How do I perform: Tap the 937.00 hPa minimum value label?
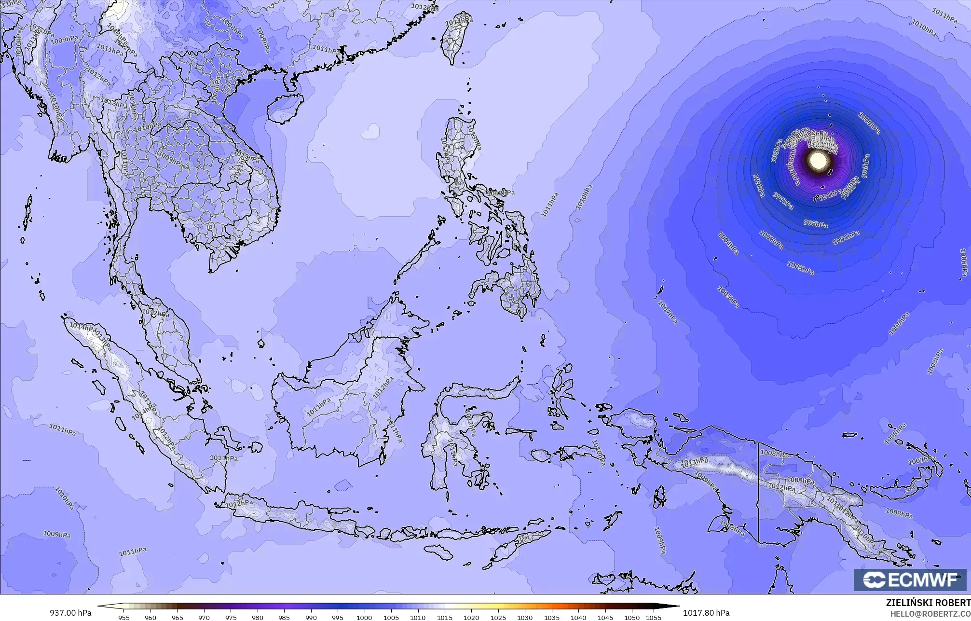(70, 613)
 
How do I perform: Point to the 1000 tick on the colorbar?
(364, 617)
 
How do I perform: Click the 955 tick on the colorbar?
(124, 617)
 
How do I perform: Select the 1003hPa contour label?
(800, 268)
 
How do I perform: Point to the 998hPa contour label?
(815, 224)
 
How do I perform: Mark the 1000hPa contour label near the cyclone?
(869, 123)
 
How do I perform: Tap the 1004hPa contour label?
(728, 244)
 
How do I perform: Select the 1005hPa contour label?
(728, 297)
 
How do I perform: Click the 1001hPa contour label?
(846, 237)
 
